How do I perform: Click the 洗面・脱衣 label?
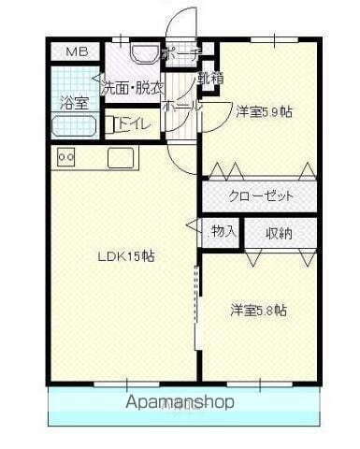(132, 88)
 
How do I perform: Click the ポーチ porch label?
(180, 55)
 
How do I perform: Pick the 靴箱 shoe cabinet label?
(210, 79)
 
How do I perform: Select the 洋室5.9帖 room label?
(263, 110)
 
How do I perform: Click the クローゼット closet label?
(262, 196)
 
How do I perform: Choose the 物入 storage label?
(223, 230)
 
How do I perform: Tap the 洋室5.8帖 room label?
(259, 310)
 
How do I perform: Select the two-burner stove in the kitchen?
(65, 157)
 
